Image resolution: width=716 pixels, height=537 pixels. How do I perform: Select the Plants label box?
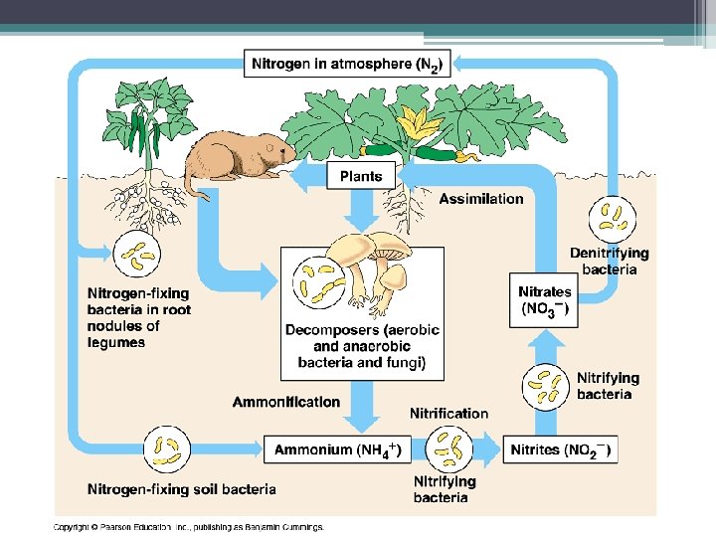coord(360,176)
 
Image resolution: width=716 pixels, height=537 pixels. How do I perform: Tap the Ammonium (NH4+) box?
coord(336,450)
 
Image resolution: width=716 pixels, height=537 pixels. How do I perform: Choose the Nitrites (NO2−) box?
coord(560,450)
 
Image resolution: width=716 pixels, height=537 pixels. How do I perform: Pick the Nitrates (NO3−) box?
coord(545,299)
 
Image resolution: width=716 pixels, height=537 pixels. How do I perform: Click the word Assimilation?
coord(481,199)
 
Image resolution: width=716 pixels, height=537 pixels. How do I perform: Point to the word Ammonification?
coord(286,402)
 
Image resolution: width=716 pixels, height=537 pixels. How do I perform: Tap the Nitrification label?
coord(449,413)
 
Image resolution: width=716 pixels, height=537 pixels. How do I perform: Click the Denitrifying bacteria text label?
coord(609,261)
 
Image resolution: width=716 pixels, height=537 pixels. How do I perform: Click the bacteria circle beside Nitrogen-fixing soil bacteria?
coord(167,449)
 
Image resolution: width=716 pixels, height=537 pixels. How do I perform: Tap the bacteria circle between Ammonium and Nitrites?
coord(448,449)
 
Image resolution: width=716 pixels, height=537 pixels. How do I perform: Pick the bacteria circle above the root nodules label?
coord(138,256)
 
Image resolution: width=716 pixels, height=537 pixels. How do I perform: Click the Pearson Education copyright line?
coord(188,527)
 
